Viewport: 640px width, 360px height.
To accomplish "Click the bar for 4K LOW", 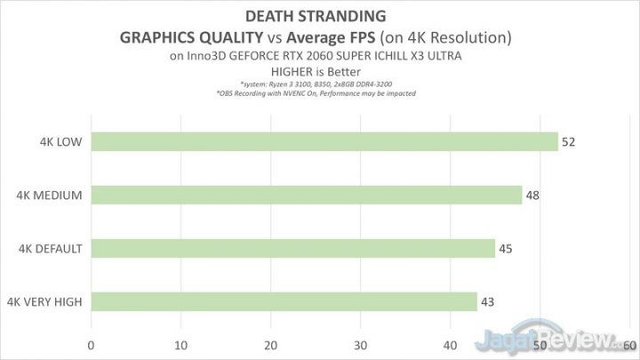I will click(x=324, y=142).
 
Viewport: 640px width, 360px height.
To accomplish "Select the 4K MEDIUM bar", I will click(x=307, y=196).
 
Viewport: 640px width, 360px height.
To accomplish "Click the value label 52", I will click(x=568, y=142).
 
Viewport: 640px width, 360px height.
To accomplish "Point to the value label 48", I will click(x=532, y=196).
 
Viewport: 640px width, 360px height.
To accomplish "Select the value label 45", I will click(x=505, y=249).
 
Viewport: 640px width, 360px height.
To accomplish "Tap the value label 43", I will click(x=487, y=302).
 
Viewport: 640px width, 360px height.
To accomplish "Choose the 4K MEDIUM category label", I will click(x=50, y=196).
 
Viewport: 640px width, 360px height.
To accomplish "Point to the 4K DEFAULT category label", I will click(x=51, y=249).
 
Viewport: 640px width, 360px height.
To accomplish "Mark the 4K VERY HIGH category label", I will click(x=44, y=302).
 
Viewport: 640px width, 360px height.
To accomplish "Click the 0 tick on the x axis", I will click(x=91, y=344).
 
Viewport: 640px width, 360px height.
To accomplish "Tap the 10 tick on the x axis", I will click(x=180, y=344).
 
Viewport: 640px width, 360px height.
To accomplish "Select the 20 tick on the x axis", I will click(x=270, y=344).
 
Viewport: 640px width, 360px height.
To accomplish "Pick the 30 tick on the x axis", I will click(x=360, y=344).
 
